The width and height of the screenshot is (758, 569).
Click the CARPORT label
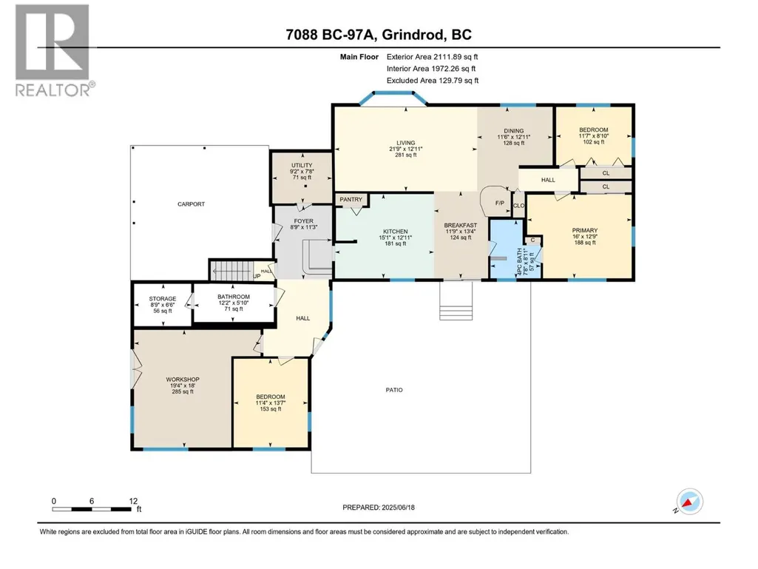click(x=191, y=204)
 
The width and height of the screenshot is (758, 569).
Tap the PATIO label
click(x=394, y=390)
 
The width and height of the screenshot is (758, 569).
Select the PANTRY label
click(x=351, y=199)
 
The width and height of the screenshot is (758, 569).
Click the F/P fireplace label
click(x=500, y=203)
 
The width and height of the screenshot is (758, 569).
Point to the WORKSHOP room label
click(x=183, y=380)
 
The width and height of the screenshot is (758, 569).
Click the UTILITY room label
click(x=302, y=166)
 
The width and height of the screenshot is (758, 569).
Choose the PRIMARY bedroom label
click(x=585, y=230)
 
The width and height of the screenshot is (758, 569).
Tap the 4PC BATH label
click(x=520, y=262)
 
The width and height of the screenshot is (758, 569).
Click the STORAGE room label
click(x=163, y=299)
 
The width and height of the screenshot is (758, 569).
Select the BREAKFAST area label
click(x=461, y=226)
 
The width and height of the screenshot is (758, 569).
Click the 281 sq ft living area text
click(x=405, y=155)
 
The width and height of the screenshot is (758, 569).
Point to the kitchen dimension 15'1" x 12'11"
click(x=396, y=238)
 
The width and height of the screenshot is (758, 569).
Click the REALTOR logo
click(x=53, y=50)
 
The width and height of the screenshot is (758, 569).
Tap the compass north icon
click(x=690, y=502)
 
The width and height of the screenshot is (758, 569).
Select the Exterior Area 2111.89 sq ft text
click(x=432, y=57)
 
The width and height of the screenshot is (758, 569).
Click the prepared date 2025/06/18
click(x=398, y=508)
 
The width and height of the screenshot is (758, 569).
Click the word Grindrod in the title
click(x=413, y=35)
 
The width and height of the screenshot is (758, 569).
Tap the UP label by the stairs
click(x=257, y=276)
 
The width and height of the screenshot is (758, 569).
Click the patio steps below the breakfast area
click(x=456, y=301)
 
